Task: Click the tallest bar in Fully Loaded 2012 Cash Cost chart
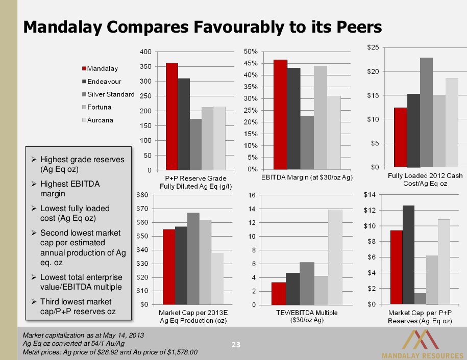(426, 112)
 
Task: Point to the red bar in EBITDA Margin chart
(280, 114)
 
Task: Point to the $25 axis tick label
(373, 47)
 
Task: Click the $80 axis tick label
(142, 194)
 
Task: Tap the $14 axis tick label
(370, 194)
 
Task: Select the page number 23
(236, 345)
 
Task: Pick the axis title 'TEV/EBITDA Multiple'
(306, 313)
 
